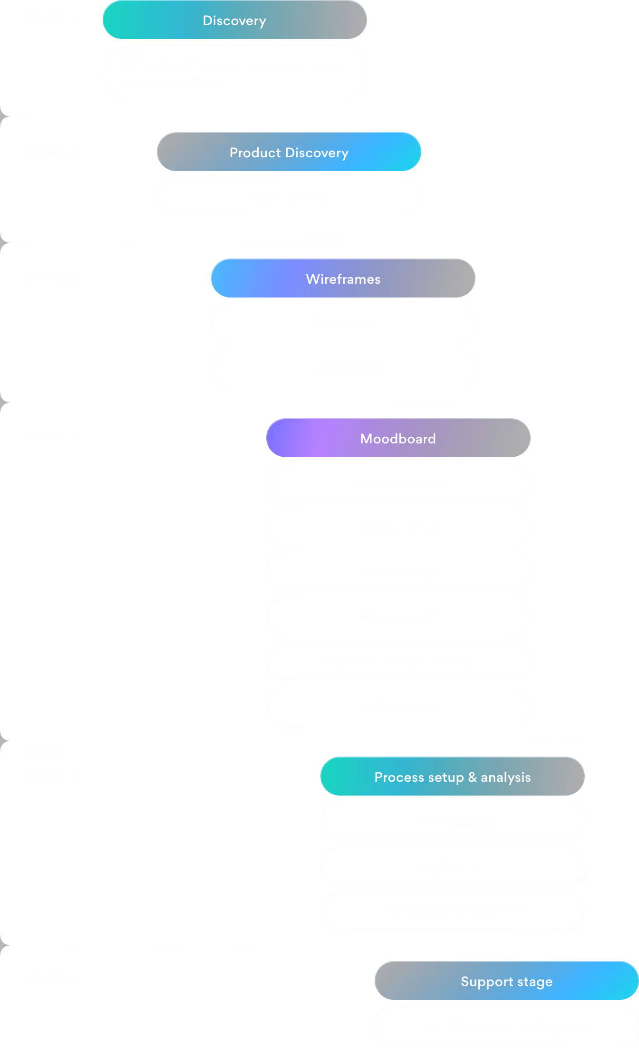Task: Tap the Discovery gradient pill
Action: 234,20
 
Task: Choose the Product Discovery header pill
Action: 289,152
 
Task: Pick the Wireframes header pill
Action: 343,278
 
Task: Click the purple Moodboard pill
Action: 398,438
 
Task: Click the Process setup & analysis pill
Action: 452,777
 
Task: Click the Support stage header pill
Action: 506,981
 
